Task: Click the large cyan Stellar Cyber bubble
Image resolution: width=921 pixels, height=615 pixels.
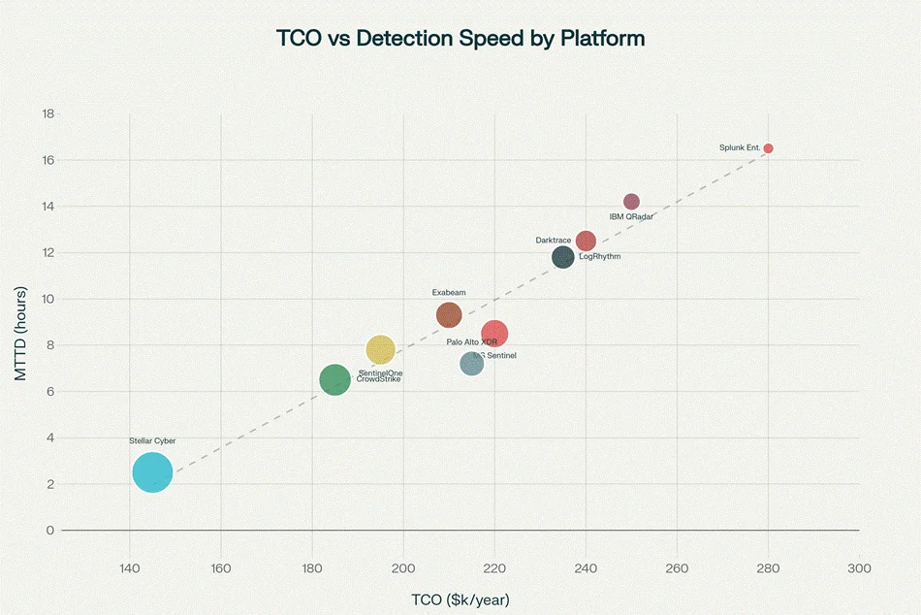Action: [x=152, y=472]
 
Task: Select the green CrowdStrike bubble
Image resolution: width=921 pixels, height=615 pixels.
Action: [x=334, y=379]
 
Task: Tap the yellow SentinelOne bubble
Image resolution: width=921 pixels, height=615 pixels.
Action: [x=380, y=349]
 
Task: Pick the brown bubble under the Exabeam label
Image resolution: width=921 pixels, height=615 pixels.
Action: [x=448, y=314]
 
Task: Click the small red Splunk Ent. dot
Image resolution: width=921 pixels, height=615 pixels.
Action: [x=768, y=148]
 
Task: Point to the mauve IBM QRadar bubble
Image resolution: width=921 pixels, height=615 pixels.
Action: [x=631, y=202]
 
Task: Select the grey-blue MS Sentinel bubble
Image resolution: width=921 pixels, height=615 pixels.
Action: [x=471, y=364]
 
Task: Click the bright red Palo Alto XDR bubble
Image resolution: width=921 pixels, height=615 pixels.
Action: [x=494, y=334]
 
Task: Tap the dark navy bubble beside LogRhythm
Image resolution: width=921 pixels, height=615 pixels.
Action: [x=562, y=257]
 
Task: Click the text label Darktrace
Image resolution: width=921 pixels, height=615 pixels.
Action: [x=553, y=240]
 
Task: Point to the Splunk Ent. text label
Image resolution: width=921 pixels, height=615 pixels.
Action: [x=739, y=147]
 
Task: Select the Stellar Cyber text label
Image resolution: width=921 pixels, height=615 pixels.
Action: [x=152, y=440]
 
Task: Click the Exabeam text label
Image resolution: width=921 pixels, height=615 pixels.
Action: [x=448, y=292]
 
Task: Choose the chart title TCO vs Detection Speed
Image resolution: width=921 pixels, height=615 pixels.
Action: [x=460, y=39]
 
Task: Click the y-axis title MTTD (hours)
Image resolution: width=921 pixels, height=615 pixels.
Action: [x=20, y=333]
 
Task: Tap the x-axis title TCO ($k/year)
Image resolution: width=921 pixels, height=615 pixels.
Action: [x=460, y=599]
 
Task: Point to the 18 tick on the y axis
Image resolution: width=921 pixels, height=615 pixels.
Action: [x=48, y=113]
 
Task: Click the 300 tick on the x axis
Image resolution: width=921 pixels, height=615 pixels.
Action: [x=859, y=567]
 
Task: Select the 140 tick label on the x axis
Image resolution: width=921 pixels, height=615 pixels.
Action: [x=130, y=567]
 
